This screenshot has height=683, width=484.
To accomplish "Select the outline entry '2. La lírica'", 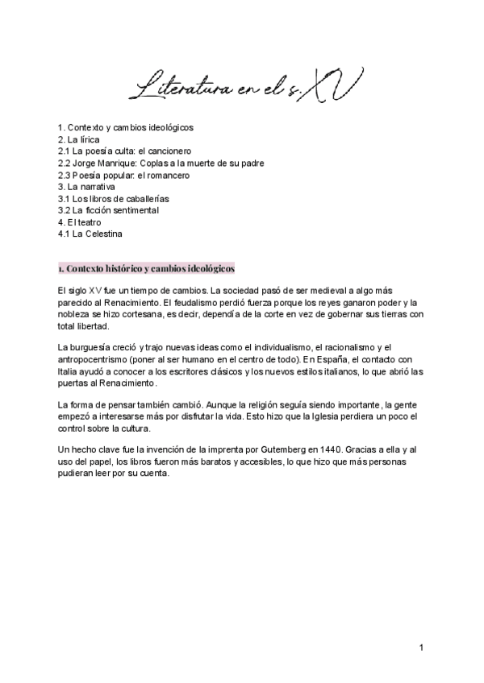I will pyautogui.click(x=79, y=139).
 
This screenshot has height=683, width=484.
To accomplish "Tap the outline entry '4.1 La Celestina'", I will pyautogui.click(x=90, y=234).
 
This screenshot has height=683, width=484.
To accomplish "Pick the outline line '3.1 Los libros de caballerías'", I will pyautogui.click(x=114, y=198).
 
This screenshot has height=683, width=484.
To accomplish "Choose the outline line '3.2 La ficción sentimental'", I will pyautogui.click(x=108, y=210).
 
